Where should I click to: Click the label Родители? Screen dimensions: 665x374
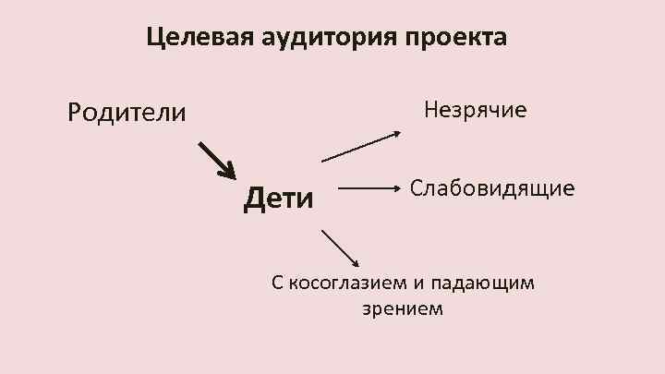pos(127,113)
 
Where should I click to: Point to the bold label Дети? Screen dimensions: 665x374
pos(278,196)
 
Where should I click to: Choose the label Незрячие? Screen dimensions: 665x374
pos(475,111)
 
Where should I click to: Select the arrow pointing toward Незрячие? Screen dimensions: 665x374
pos(361,146)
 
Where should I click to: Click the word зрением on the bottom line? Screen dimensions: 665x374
pos(403,308)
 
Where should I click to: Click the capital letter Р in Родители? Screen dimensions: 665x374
pos(76,113)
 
